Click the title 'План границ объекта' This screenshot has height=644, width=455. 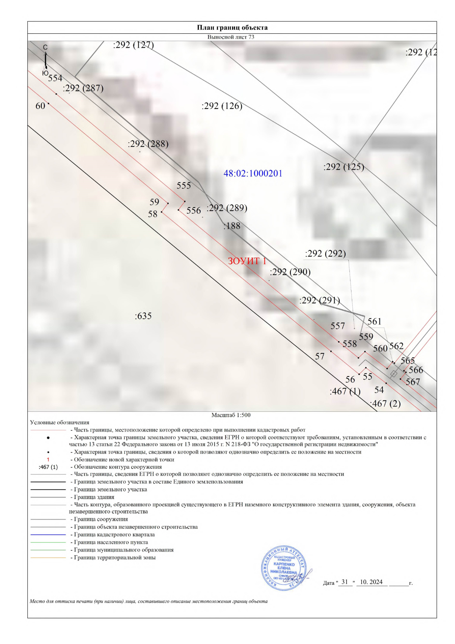tap(232, 28)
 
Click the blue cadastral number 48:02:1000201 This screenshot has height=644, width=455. tap(253, 173)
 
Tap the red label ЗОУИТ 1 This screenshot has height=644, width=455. tap(247, 261)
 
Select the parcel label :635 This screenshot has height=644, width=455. tap(143, 316)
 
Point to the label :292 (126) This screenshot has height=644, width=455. tap(222, 106)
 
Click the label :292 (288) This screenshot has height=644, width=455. tap(148, 144)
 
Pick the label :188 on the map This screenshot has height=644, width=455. tap(232, 226)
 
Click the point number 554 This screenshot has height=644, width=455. tap(55, 78)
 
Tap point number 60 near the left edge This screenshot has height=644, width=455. tap(40, 106)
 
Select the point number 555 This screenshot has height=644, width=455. tap(184, 186)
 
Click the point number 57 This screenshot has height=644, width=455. tap(320, 356)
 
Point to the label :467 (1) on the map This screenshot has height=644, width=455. tap(345, 391)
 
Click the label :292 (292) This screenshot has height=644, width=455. tap(325, 254)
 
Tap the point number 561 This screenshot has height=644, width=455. tap(374, 321)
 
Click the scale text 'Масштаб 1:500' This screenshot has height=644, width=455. tap(231, 415)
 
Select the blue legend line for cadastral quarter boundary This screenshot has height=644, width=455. tap(48, 535)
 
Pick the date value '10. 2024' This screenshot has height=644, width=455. tap(371, 582)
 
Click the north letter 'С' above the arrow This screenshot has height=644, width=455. tap(45, 47)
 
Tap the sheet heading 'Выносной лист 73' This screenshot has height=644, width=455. tap(231, 37)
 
